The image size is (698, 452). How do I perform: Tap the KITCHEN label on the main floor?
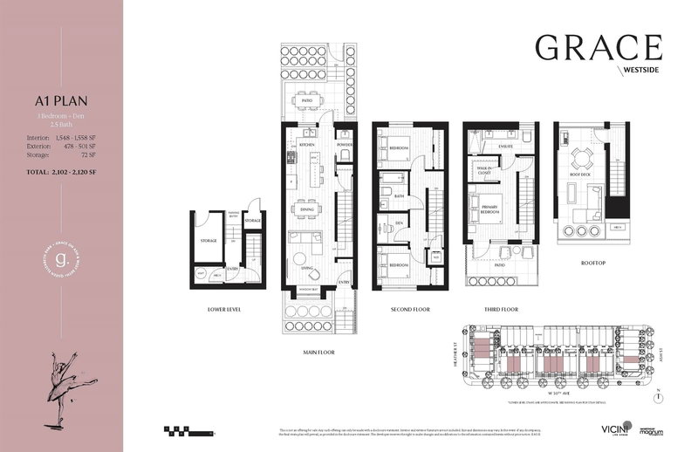pyautogui.click(x=306, y=145)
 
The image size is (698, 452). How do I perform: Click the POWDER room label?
pyautogui.click(x=344, y=145)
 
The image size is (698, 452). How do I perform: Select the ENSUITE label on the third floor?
pyautogui.click(x=503, y=145)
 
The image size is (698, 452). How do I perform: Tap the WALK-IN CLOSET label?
pyautogui.click(x=483, y=172)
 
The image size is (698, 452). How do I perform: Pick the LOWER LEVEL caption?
pyautogui.click(x=224, y=309)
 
